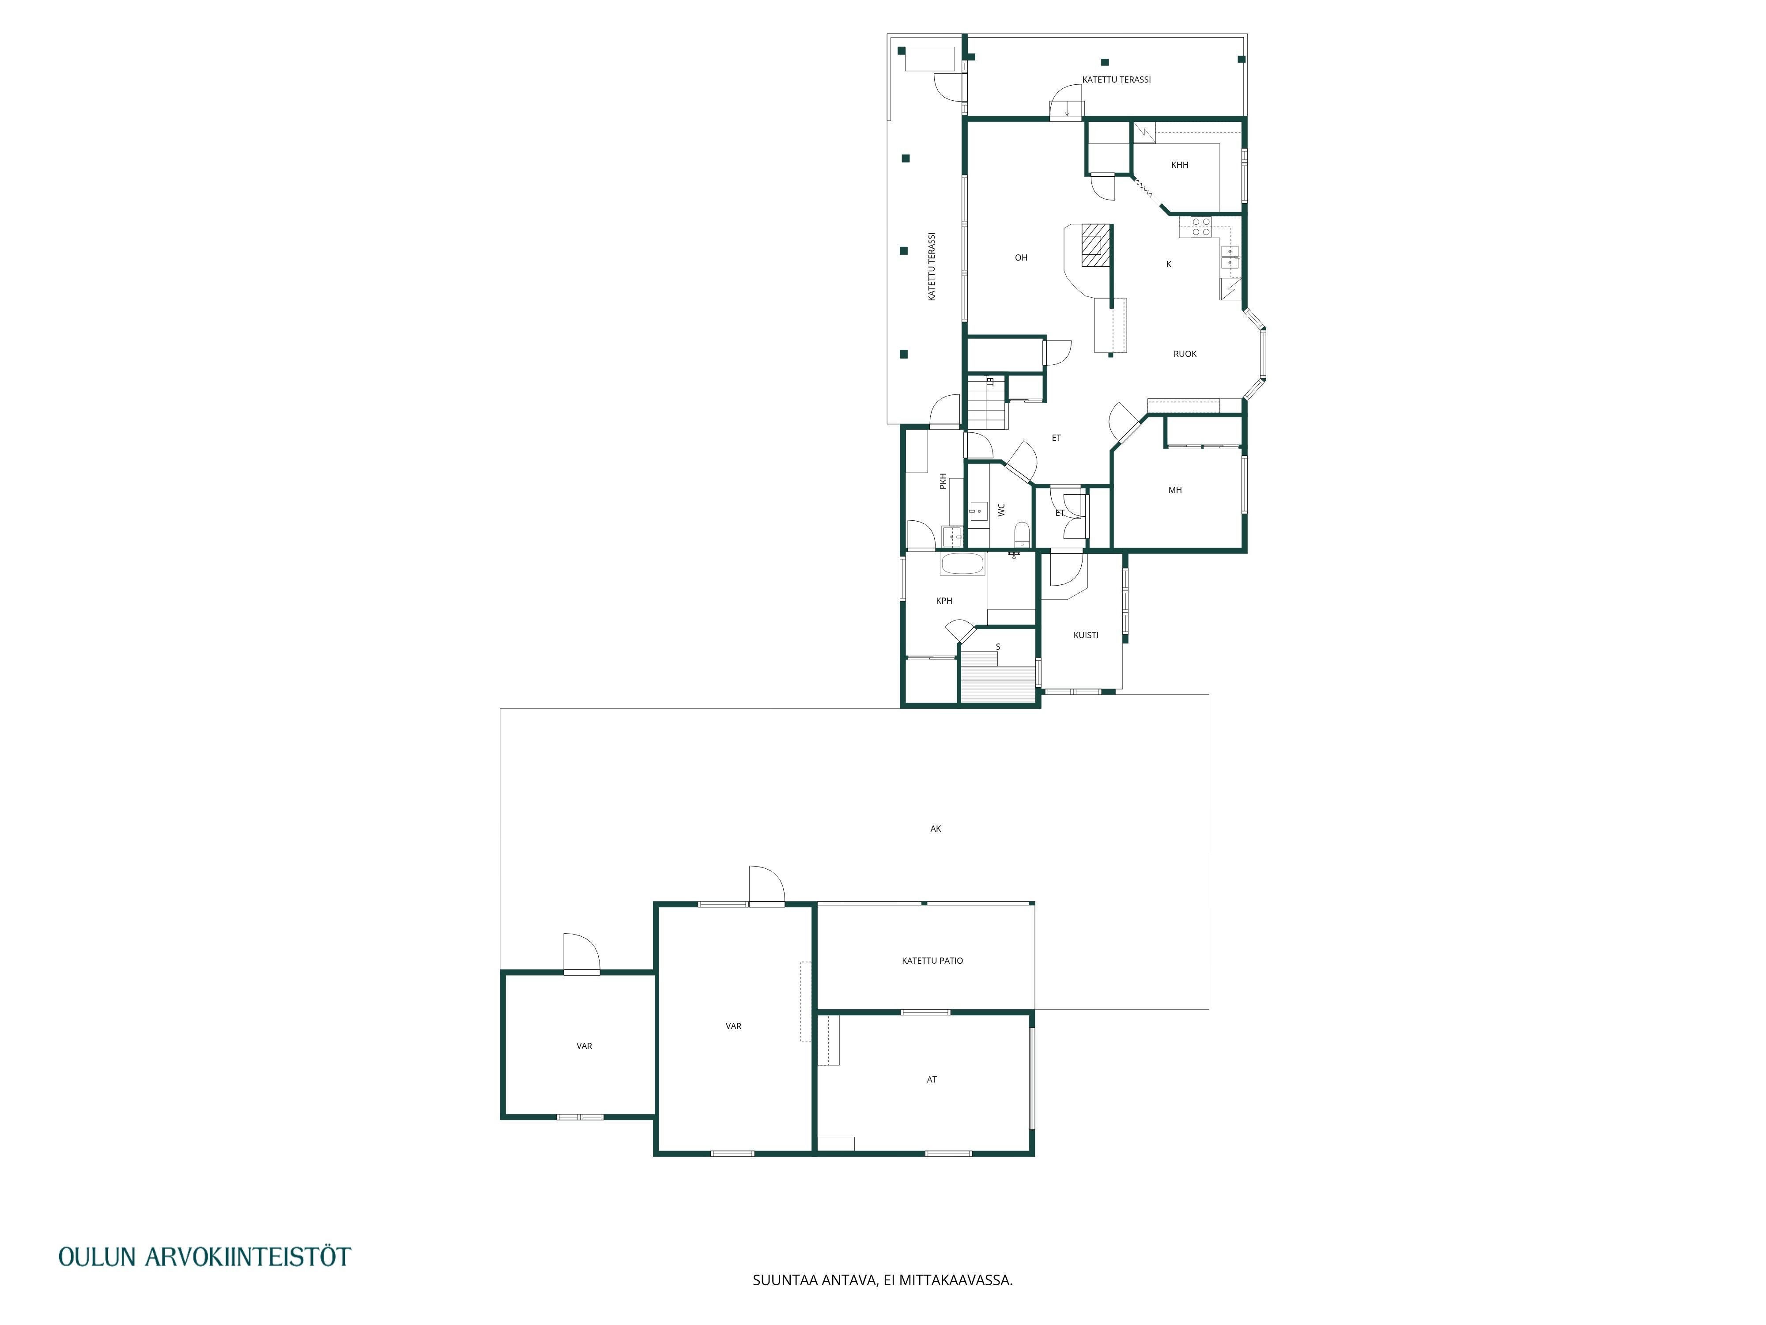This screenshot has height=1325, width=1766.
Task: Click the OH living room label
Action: pyautogui.click(x=1021, y=258)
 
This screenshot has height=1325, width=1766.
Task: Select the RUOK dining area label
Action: pyautogui.click(x=1185, y=354)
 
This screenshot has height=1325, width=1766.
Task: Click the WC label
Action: pyautogui.click(x=1001, y=510)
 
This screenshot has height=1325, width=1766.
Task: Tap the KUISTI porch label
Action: pyautogui.click(x=1086, y=636)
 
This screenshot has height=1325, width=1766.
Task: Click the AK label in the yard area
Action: pyautogui.click(x=936, y=829)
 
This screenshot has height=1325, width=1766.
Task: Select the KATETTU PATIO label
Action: pyautogui.click(x=932, y=961)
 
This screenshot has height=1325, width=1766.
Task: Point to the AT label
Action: pyautogui.click(x=932, y=1080)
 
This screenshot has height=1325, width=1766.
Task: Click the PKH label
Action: pyautogui.click(x=943, y=481)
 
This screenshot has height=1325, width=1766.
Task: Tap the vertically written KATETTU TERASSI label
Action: pyautogui.click(x=931, y=267)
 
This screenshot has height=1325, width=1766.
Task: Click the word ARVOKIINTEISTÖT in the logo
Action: pyautogui.click(x=248, y=1257)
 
